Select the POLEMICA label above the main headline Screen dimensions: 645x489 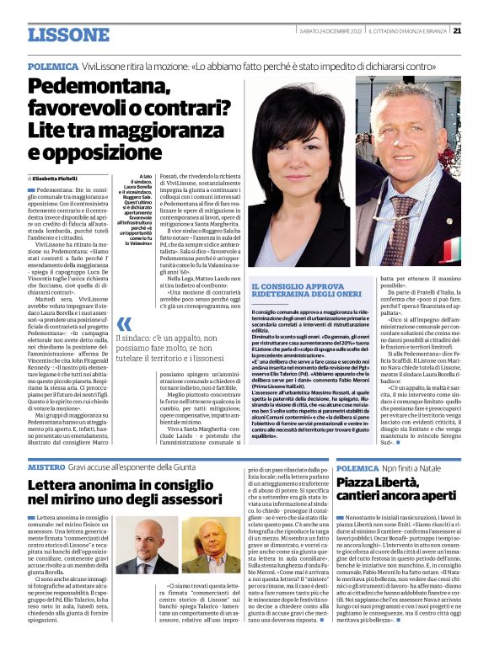coord(51,64)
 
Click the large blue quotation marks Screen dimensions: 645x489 coord(124,324)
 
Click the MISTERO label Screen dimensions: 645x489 coord(46,465)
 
